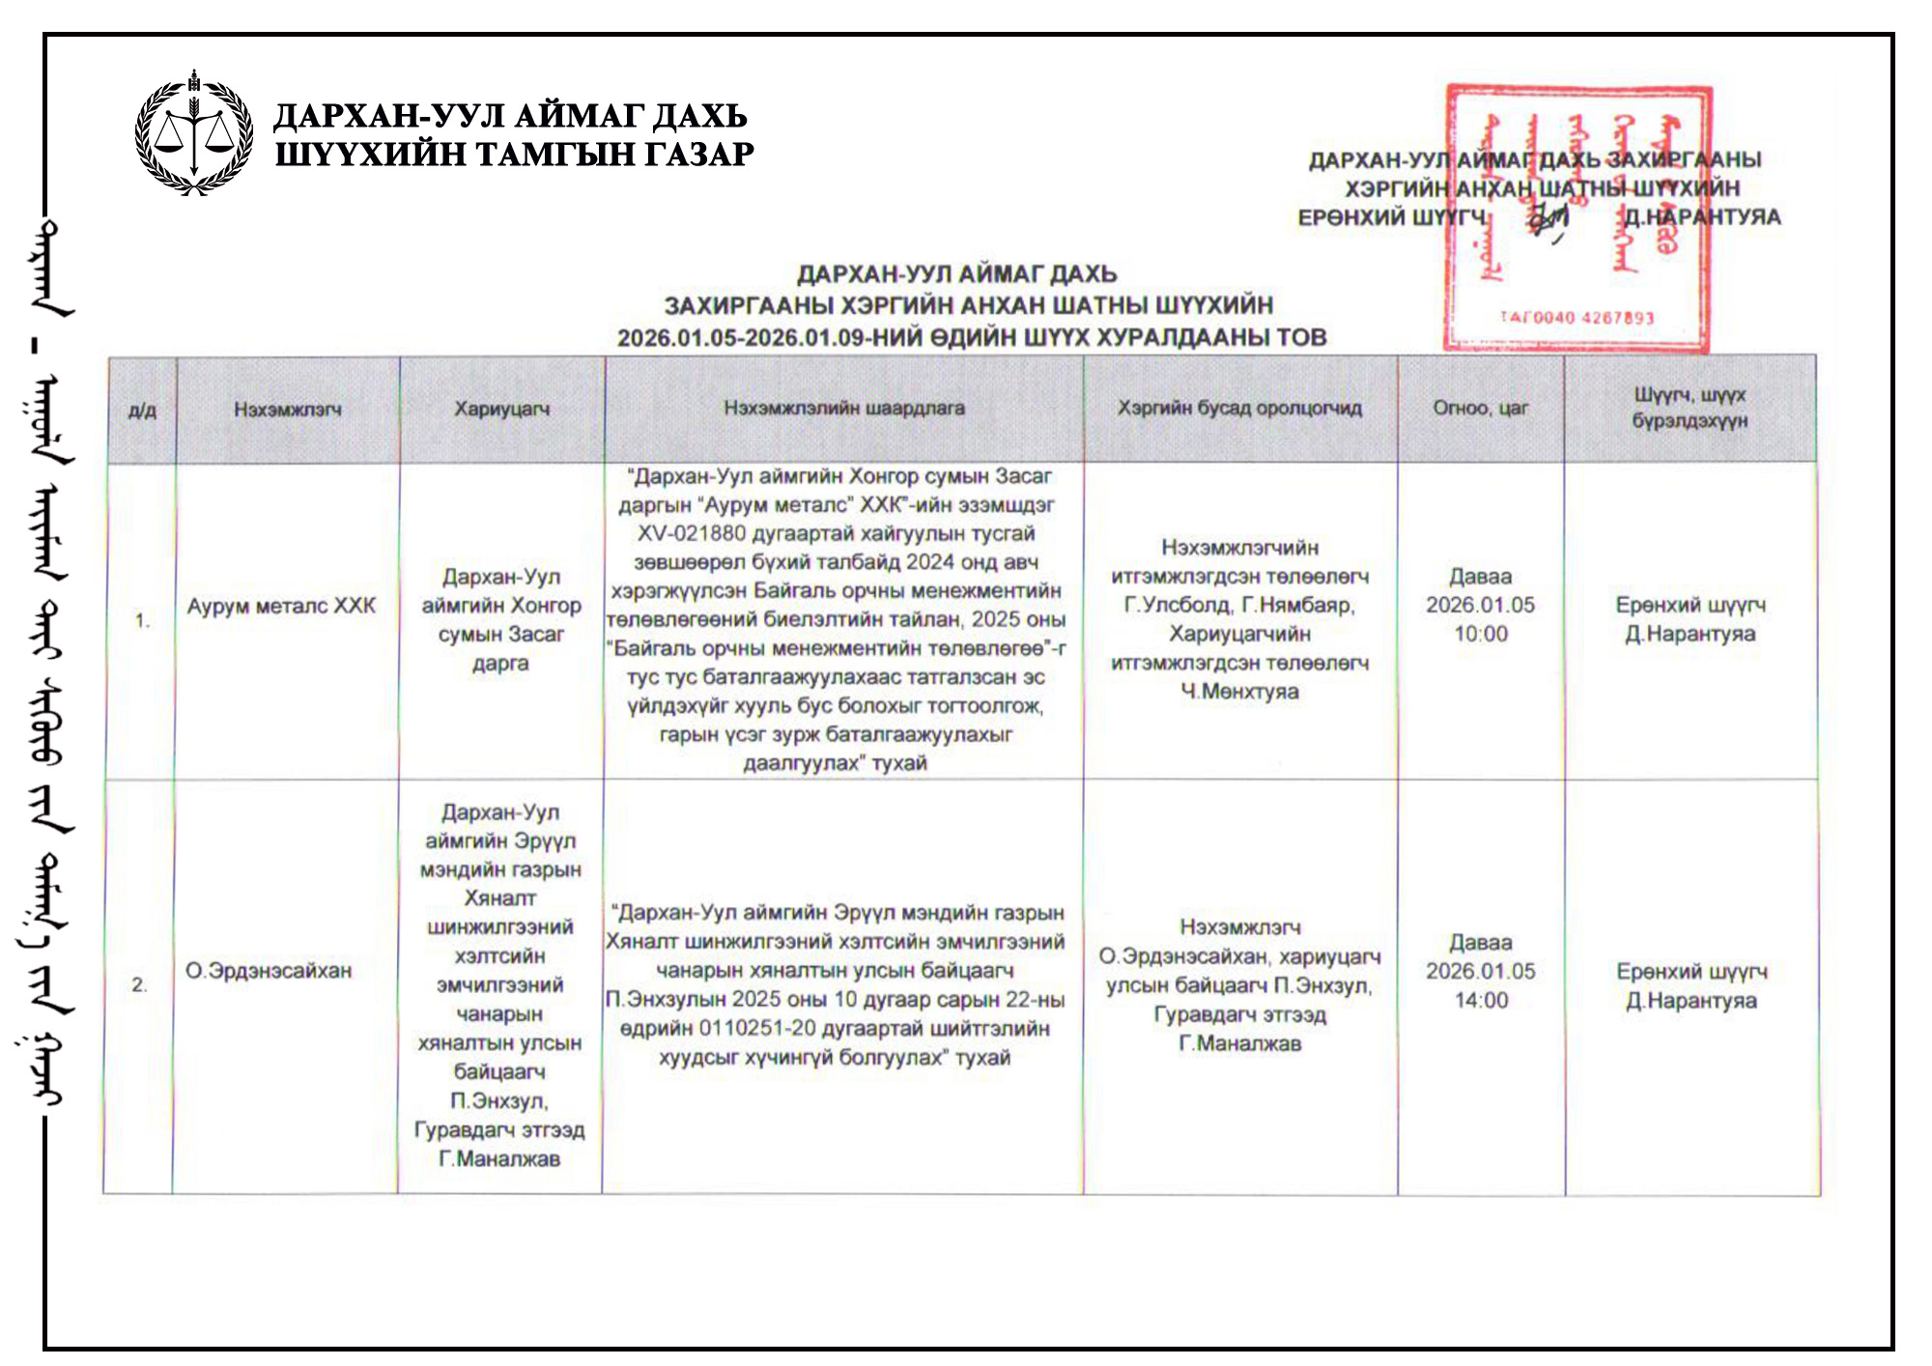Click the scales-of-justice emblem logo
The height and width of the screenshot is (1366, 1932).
tap(194, 134)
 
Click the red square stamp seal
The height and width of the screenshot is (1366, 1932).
tap(1577, 218)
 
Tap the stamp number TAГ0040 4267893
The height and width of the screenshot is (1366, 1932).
tap(1577, 318)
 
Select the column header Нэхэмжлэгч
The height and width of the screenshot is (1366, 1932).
tap(288, 410)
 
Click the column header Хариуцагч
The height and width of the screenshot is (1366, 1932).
tap(501, 409)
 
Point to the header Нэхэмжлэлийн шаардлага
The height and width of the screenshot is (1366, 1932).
tap(844, 408)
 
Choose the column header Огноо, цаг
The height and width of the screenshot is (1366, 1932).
tap(1480, 408)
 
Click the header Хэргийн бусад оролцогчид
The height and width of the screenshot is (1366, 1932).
tap(1239, 408)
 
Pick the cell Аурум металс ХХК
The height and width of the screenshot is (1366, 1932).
tap(281, 607)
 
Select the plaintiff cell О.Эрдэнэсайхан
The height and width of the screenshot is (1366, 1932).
tap(269, 971)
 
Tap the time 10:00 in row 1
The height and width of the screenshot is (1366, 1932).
tap(1480, 635)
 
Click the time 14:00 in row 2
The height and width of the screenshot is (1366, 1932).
tap(1481, 1001)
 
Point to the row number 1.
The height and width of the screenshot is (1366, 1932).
tap(142, 620)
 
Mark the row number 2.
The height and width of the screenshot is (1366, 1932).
tap(140, 985)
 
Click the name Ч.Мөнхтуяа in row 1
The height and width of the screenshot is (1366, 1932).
tap(1239, 692)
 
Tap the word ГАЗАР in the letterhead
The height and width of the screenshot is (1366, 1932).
tap(698, 155)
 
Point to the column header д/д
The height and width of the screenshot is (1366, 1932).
tap(142, 411)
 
